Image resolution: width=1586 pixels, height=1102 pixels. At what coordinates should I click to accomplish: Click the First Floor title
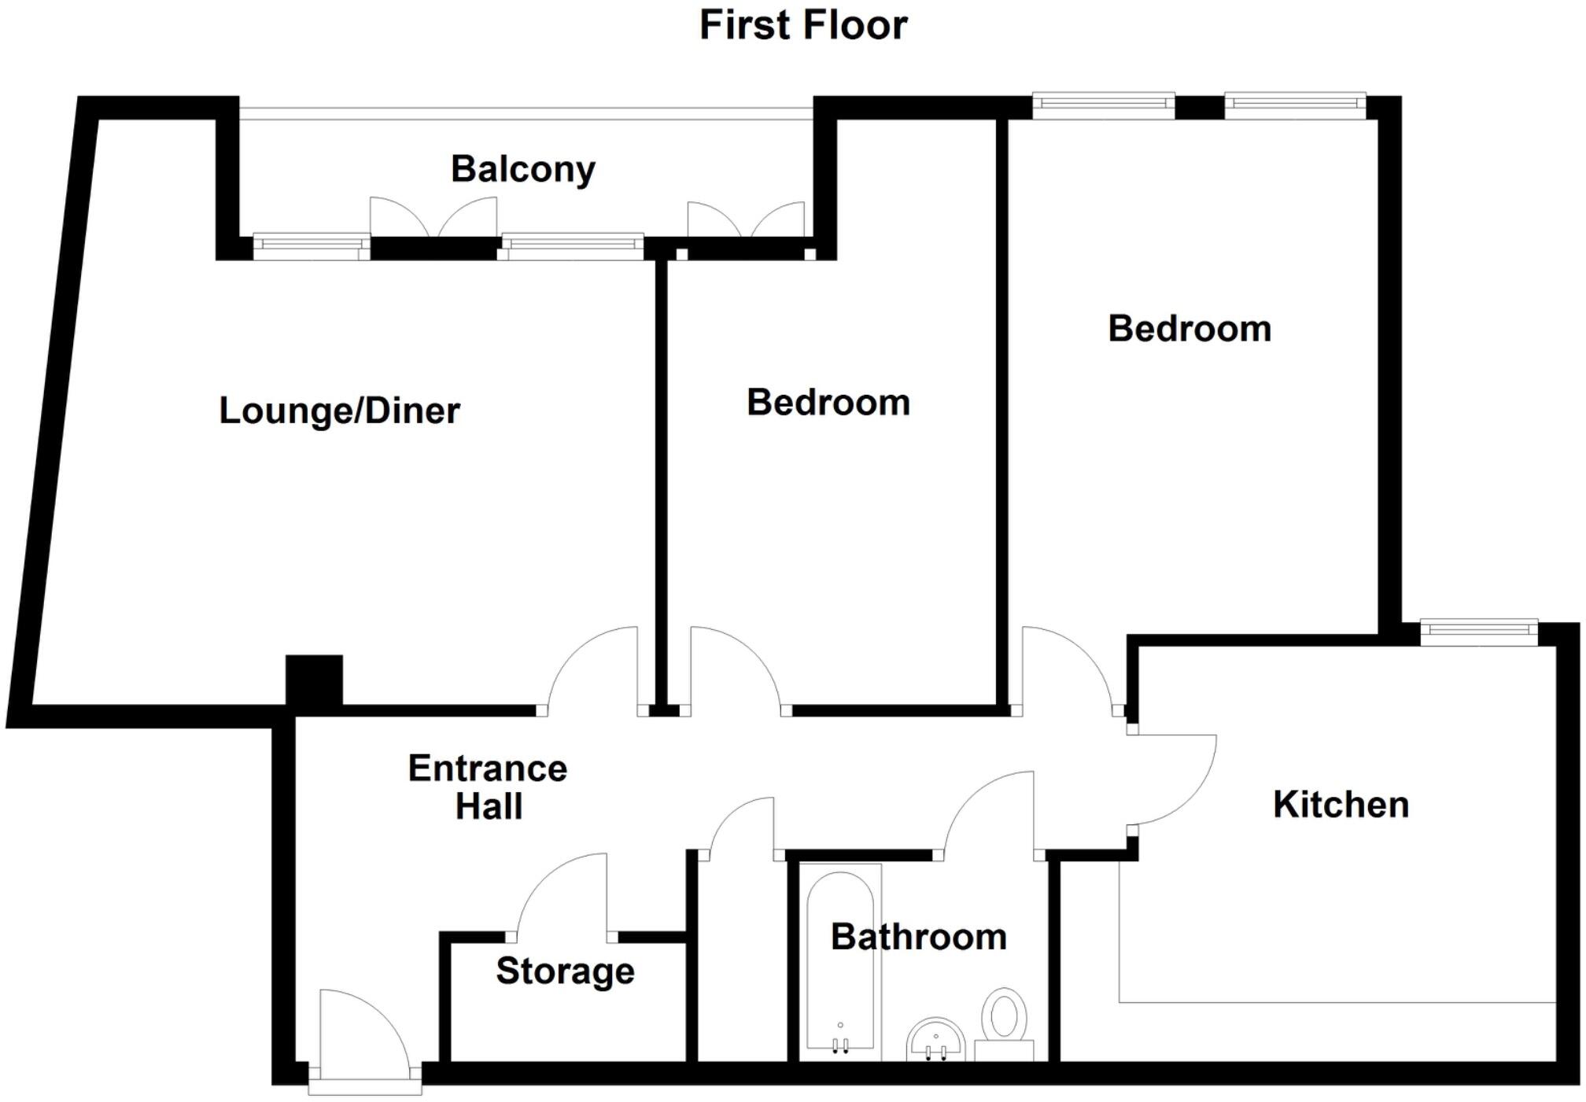(803, 25)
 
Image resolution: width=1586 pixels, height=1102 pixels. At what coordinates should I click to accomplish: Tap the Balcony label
(523, 169)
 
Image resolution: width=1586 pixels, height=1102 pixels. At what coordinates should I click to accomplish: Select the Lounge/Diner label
(339, 411)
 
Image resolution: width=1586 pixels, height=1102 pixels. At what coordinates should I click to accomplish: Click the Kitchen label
(1341, 805)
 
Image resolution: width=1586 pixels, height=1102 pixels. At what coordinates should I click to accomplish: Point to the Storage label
(565, 971)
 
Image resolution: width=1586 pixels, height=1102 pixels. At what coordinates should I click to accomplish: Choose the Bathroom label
(918, 937)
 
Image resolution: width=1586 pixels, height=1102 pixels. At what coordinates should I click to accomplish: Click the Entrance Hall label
(488, 787)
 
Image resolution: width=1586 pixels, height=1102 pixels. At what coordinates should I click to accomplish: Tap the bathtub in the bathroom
(840, 960)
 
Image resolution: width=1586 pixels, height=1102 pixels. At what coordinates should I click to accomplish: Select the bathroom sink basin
(935, 1038)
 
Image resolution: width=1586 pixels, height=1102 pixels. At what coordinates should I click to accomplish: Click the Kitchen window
(1479, 630)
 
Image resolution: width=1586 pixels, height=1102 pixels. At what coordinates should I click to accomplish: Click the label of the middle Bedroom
(828, 403)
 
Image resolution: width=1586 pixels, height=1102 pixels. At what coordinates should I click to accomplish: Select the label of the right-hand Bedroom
(1189, 329)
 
